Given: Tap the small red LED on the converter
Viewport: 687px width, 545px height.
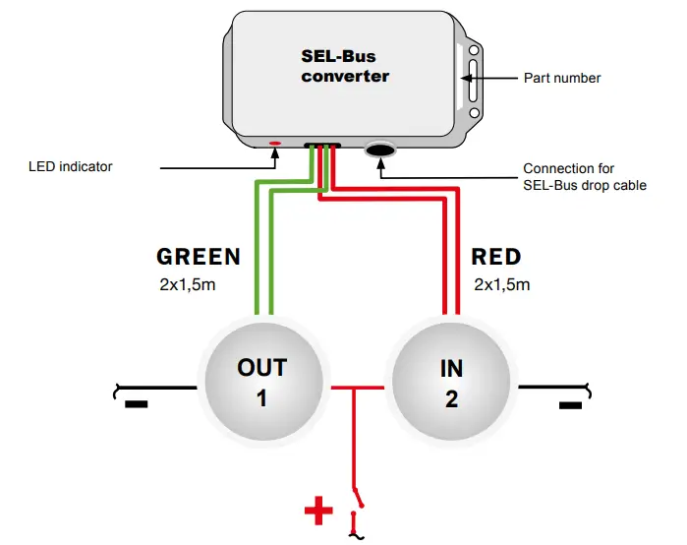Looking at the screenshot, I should click(x=275, y=144).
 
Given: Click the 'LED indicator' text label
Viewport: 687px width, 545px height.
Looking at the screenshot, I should click(x=70, y=166).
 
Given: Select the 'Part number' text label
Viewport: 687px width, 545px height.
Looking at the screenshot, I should click(x=563, y=78).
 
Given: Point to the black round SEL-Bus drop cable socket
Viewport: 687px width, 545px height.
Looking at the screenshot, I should click(x=380, y=150).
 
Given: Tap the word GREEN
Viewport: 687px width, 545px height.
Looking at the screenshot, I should click(x=199, y=257).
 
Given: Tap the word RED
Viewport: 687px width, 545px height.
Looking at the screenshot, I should click(x=496, y=257).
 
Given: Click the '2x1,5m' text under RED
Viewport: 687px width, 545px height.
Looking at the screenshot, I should click(x=501, y=285).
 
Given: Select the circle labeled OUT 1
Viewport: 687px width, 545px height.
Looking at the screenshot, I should click(x=261, y=382).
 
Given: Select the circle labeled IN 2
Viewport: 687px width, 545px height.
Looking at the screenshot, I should click(x=451, y=382).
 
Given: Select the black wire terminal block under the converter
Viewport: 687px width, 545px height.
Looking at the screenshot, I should click(x=322, y=147).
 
